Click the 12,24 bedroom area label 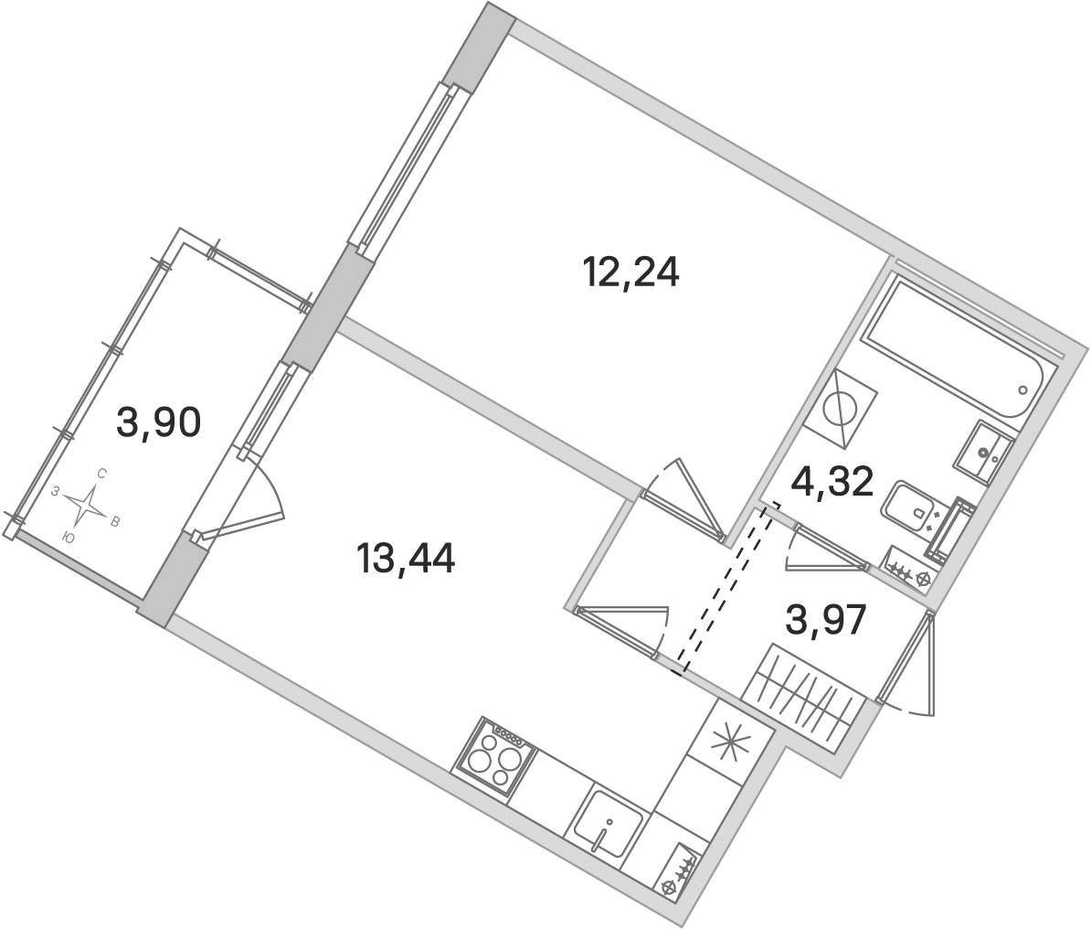(631, 272)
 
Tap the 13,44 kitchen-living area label (406, 558)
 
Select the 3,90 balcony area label (159, 422)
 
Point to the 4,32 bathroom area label (832, 481)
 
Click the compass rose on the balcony (86, 504)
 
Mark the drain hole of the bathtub (1022, 390)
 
